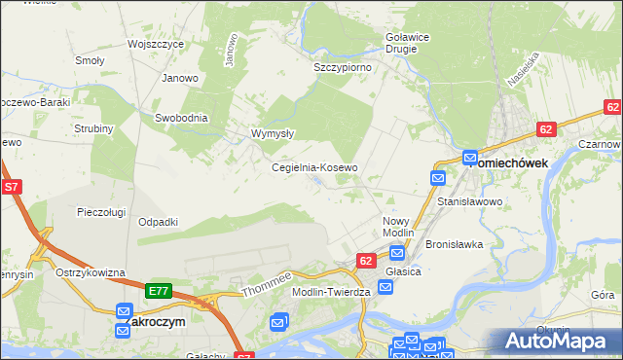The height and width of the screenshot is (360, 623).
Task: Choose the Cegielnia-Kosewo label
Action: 314,167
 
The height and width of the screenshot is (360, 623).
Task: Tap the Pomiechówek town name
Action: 522,162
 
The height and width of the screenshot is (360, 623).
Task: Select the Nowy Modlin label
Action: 397,227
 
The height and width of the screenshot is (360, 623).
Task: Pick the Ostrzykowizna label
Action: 91,272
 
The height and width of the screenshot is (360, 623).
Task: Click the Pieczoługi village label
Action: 103,211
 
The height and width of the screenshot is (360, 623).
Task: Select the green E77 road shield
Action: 160,290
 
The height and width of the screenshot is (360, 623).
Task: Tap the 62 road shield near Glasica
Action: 366,261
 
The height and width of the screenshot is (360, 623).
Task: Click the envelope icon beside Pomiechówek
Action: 470,157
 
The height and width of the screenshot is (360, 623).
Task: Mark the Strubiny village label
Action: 94,128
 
